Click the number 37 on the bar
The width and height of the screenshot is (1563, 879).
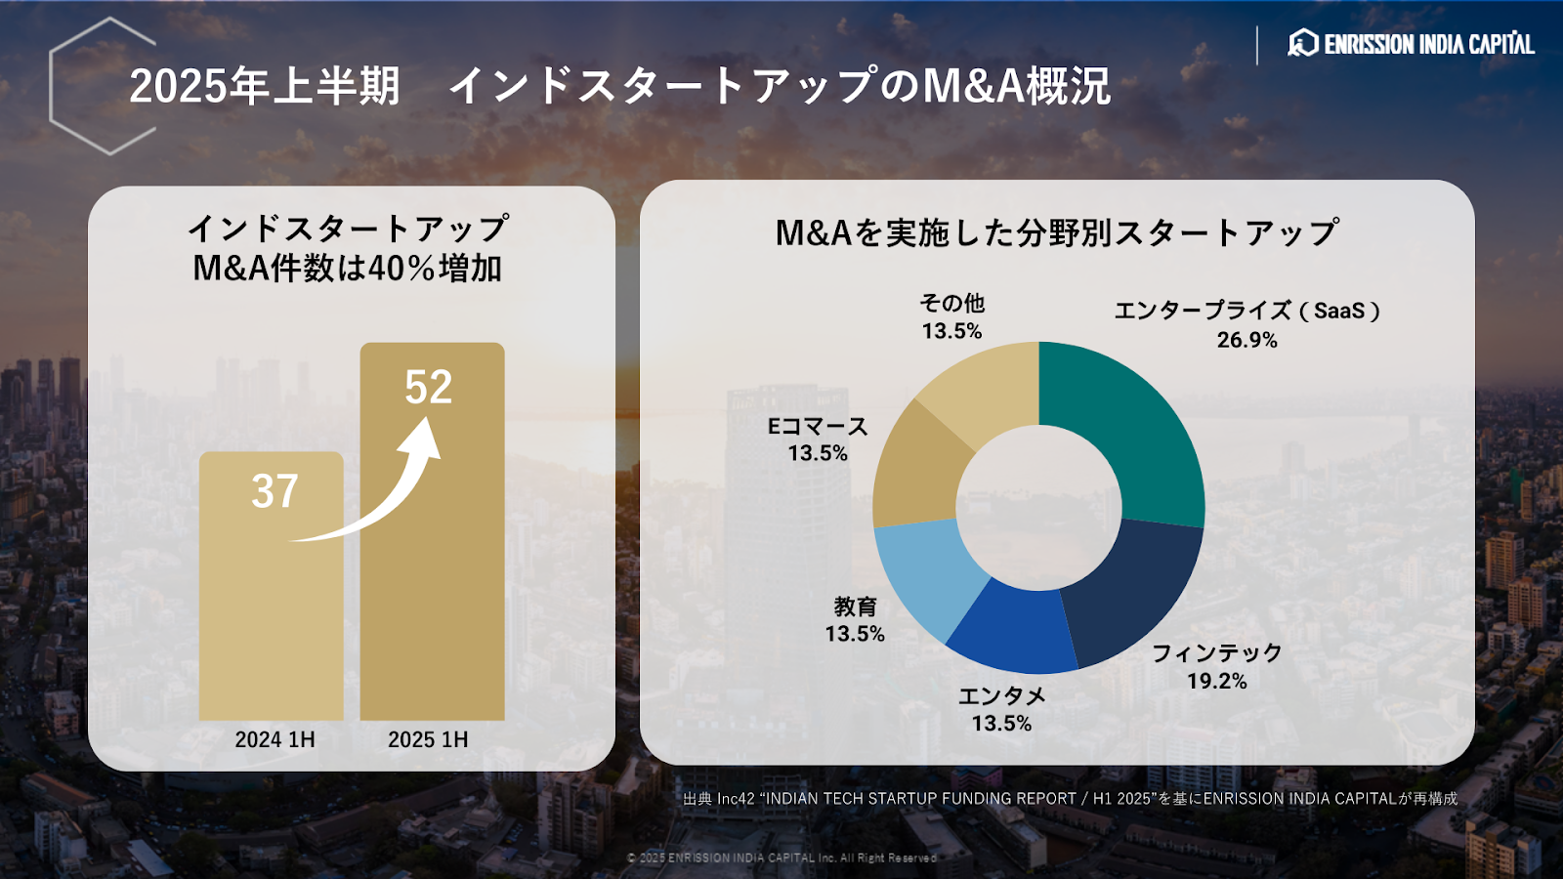275,491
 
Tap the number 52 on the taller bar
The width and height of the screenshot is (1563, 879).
429,387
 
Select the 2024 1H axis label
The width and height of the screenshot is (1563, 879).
275,739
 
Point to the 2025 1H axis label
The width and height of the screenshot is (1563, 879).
428,739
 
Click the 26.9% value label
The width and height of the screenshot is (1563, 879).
1246,340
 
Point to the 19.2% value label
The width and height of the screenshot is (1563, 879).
1216,681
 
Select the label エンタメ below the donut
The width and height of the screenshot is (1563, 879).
1001,695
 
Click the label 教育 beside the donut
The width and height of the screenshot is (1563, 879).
855,607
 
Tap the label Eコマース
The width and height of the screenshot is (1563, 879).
818,427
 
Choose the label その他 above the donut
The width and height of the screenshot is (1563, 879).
951,304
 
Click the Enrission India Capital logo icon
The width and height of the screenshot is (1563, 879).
1303,43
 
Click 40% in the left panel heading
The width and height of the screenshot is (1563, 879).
401,269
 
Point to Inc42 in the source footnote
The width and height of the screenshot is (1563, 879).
736,799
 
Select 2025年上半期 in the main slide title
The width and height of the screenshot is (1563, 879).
265,86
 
